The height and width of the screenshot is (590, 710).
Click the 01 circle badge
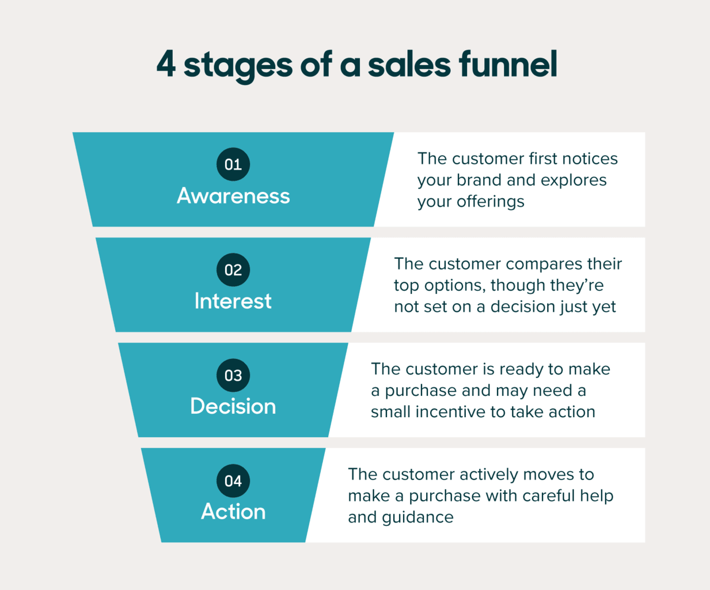tap(233, 164)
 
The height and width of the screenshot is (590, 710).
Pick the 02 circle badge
tap(233, 270)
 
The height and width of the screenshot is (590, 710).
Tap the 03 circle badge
tap(233, 375)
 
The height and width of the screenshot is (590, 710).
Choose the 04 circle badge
tap(233, 481)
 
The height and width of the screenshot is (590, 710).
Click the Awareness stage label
tap(233, 196)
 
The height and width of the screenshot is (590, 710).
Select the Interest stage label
tap(233, 301)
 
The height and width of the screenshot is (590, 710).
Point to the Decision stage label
tap(233, 407)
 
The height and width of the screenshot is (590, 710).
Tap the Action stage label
tap(233, 512)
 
